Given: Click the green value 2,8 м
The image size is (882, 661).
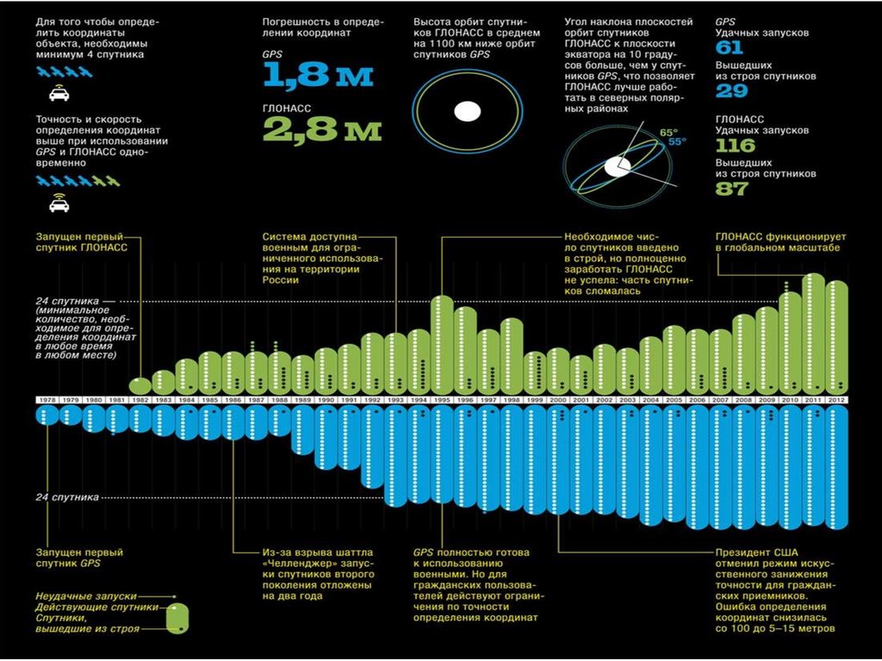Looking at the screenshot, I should coord(322,129).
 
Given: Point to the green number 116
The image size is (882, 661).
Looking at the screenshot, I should coord(735,145).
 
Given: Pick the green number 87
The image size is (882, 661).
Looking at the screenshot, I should coord(732,188).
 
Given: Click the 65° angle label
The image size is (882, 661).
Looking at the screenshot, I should coord(668,132).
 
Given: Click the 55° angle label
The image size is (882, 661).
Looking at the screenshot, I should coord(677,142).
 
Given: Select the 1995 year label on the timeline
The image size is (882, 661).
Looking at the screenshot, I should coord(442,400).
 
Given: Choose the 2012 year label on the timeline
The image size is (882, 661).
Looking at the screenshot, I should coord(837,400).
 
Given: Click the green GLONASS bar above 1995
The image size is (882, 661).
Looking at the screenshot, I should coord(442,345).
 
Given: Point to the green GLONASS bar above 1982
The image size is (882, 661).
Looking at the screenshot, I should coord(140,384).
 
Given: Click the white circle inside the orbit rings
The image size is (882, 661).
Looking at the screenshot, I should coord(466,110).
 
